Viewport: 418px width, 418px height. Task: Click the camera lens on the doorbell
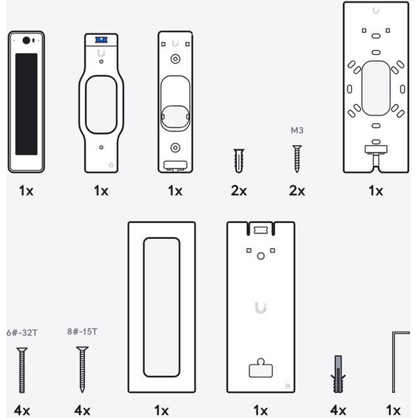click(26, 40)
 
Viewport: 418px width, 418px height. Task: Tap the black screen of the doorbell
click(26, 104)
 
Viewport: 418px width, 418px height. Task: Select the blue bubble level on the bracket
click(101, 40)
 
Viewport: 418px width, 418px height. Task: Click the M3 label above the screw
click(297, 130)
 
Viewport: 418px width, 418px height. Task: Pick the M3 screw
click(297, 159)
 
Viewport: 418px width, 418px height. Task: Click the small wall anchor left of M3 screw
click(238, 160)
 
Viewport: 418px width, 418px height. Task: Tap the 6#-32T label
click(22, 333)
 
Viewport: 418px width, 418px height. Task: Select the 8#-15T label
click(82, 332)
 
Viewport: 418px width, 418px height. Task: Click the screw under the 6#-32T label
click(22, 370)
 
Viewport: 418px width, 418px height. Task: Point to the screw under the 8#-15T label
click(82, 369)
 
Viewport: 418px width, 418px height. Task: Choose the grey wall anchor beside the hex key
click(338, 373)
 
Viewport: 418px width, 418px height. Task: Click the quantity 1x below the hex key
click(393, 410)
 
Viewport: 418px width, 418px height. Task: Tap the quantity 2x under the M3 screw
click(297, 191)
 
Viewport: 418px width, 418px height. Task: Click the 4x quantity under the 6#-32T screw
click(22, 410)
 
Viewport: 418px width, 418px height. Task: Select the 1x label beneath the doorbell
click(26, 191)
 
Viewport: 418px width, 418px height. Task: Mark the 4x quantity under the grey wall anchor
click(338, 410)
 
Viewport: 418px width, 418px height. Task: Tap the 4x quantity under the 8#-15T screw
click(82, 410)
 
